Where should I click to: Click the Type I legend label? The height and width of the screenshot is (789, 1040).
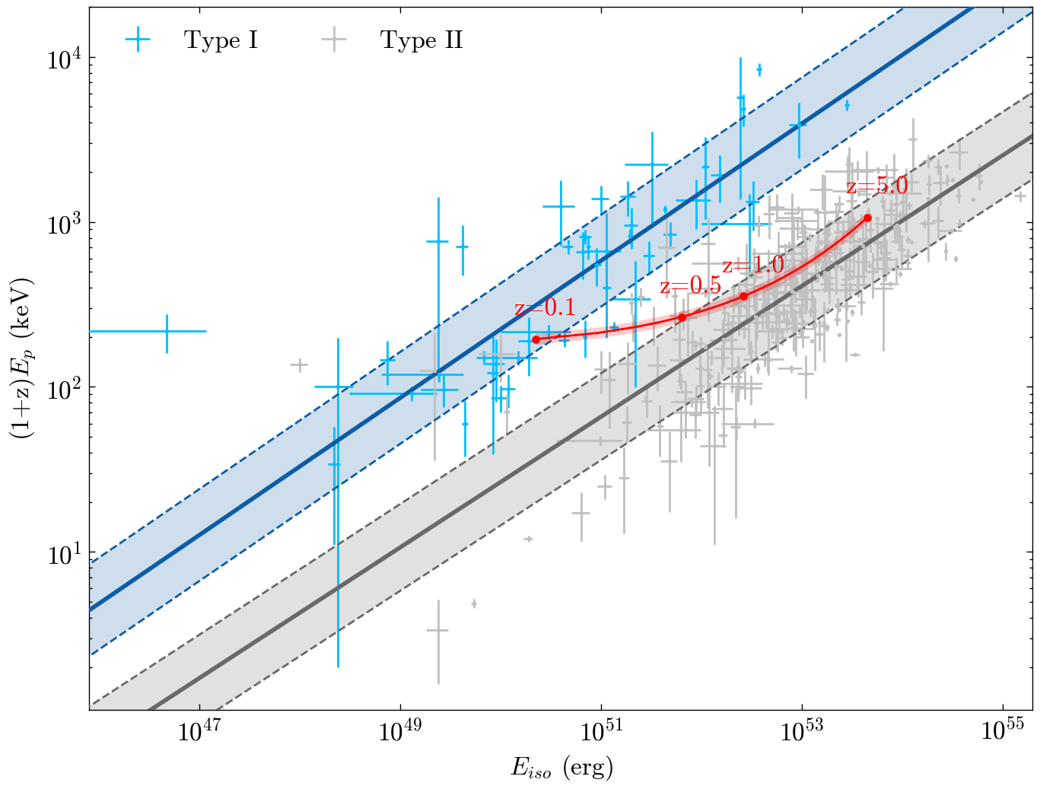[x=221, y=40]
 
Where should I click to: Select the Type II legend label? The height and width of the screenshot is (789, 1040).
[x=421, y=40]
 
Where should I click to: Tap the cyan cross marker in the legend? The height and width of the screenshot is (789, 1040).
[x=137, y=40]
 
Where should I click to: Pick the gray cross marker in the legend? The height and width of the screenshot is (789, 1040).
[x=333, y=40]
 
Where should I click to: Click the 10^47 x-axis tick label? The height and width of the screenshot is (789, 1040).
[x=199, y=731]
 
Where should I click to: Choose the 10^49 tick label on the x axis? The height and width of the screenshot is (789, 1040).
[x=399, y=731]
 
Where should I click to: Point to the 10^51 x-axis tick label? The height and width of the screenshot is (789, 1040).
[x=600, y=731]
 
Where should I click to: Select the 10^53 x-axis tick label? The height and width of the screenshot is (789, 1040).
[x=802, y=731]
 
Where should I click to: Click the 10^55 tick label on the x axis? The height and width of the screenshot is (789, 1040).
[x=1003, y=731]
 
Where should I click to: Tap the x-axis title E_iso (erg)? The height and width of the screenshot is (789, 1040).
[x=561, y=768]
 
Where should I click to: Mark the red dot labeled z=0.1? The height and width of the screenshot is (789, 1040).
[x=536, y=339]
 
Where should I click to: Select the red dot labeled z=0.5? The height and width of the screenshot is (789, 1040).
[x=682, y=317]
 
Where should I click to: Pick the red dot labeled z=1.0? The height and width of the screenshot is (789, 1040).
[x=743, y=296]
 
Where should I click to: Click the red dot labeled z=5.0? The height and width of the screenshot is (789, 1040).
[x=867, y=218]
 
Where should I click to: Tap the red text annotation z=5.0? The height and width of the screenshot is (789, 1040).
[x=877, y=186]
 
